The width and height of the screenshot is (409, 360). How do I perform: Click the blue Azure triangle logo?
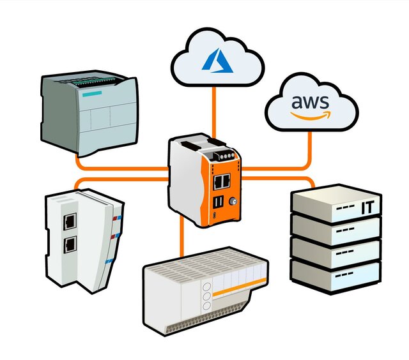pyautogui.click(x=215, y=59)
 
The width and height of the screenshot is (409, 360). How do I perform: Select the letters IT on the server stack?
pyautogui.click(x=367, y=208)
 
